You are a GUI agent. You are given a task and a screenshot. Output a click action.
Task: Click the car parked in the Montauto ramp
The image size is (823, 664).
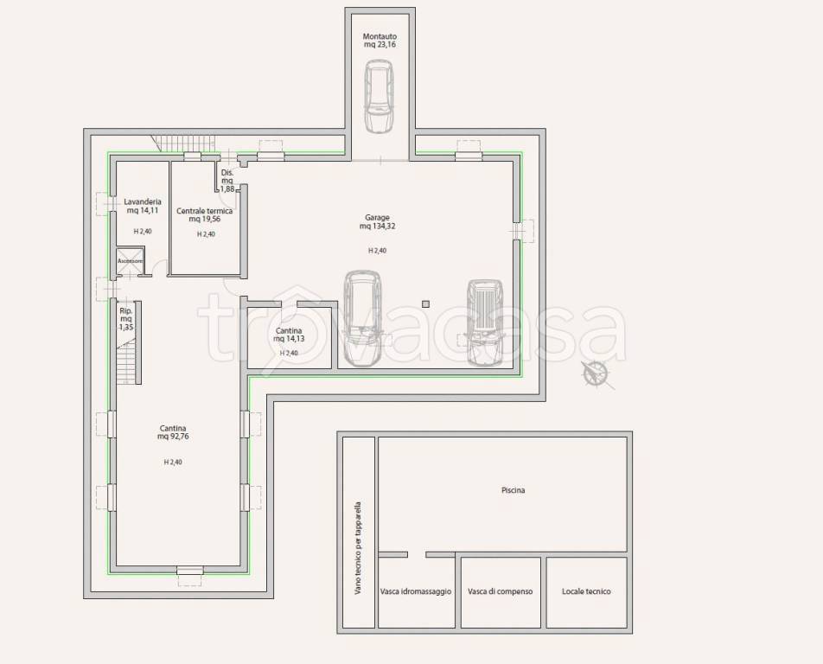point(379,96)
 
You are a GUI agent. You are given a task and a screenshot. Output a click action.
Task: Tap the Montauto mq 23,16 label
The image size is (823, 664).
point(380,41)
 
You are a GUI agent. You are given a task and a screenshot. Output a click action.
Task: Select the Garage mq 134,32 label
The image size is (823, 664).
point(378,222)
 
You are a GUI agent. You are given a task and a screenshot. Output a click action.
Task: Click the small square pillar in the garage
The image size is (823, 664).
point(425,304)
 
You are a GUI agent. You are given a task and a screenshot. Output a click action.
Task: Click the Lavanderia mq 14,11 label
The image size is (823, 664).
point(143,206)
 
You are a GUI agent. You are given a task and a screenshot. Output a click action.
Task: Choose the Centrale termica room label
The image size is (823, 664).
point(205,214)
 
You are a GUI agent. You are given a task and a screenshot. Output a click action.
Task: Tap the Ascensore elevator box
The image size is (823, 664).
point(130,261)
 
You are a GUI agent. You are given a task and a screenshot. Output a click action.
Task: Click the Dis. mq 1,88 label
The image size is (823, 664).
point(227,181)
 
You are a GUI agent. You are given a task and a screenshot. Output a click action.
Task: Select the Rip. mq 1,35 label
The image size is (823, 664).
point(126,319)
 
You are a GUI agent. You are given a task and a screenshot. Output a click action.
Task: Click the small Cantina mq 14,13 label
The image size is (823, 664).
point(289,335)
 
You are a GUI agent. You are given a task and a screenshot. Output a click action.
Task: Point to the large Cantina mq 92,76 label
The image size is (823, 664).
point(173,432)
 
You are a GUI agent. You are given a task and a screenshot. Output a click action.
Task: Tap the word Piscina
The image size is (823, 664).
point(514,490)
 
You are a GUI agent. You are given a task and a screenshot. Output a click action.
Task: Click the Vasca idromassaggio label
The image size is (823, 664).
point(416,591)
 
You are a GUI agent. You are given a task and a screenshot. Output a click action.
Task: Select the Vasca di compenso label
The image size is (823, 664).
point(501,591)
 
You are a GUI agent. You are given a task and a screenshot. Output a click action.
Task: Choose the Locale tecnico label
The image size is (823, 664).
point(586,591)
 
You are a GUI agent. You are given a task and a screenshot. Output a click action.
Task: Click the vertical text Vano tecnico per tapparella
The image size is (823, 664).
point(359,548)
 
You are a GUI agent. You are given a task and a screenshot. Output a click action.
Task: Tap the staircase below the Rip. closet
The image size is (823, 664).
point(126,361)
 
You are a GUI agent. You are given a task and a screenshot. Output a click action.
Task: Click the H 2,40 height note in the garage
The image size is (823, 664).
point(378,251)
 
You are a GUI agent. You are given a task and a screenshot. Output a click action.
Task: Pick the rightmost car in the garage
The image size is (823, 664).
point(485,322)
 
